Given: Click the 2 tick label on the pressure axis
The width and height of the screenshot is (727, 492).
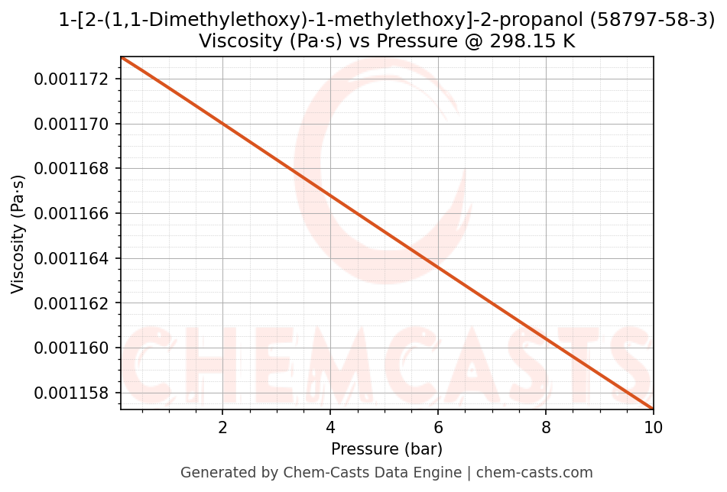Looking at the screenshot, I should click(222, 427).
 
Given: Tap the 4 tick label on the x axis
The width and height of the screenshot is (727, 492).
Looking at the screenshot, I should click(330, 427).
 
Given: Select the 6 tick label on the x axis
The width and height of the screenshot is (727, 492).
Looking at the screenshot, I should click(438, 427).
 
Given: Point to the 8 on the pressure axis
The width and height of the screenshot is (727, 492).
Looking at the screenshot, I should click(546, 427).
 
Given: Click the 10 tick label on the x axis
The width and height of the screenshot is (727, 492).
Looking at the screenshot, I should click(654, 427).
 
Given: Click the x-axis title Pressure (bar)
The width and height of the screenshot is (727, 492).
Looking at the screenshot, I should click(387, 449).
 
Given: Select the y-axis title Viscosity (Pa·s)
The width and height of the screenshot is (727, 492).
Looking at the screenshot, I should click(18, 234).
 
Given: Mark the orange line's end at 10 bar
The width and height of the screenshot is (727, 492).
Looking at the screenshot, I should click(653, 408).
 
